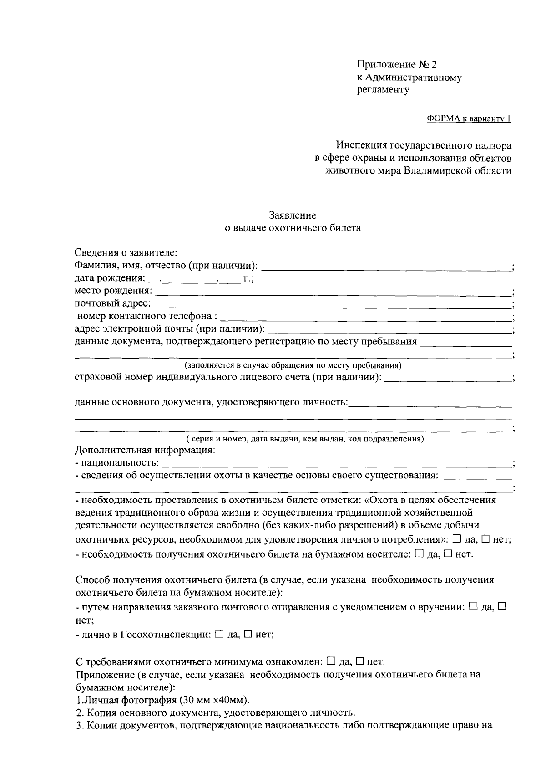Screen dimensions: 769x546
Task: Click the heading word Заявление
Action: pos(293,215)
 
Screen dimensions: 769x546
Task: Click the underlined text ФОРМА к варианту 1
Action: pos(469,119)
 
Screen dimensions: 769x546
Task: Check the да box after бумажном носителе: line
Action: pos(420,554)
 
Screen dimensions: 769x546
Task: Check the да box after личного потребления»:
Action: pos(457,539)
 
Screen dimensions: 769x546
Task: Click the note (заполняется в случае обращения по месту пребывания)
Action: pos(293,365)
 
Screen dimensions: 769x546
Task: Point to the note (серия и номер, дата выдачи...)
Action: pos(305,439)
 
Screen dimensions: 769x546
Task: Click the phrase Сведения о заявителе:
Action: pos(126,252)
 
